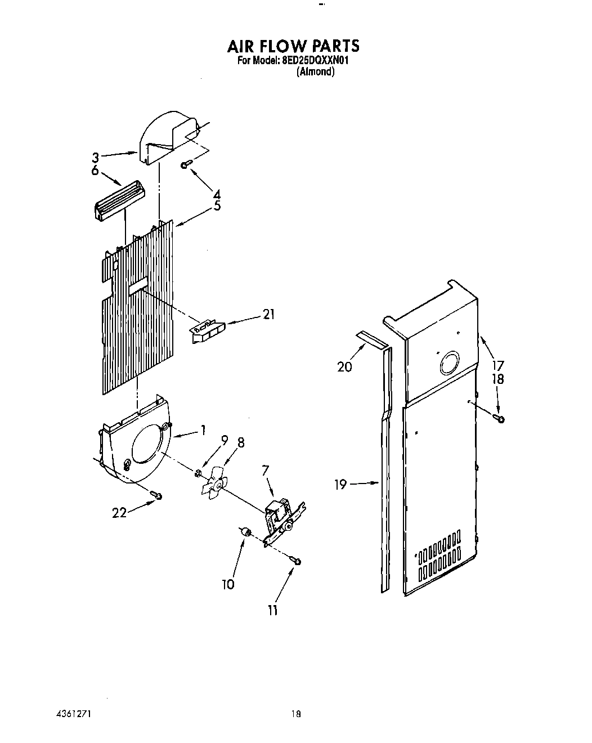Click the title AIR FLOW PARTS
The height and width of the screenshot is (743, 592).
[293, 46]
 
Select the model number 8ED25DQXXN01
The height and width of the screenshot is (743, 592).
[312, 61]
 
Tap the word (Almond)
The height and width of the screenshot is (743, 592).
[315, 72]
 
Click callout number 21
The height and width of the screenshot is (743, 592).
[268, 314]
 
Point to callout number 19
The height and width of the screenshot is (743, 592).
[340, 484]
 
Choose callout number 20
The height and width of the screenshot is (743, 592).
[344, 367]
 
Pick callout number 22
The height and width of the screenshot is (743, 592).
[119, 513]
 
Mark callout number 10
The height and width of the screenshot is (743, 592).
[228, 584]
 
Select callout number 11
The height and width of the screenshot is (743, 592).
[272, 610]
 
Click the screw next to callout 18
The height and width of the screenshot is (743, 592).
[499, 418]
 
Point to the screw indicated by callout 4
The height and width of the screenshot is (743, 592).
[186, 164]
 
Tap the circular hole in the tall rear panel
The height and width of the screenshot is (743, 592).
[449, 364]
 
